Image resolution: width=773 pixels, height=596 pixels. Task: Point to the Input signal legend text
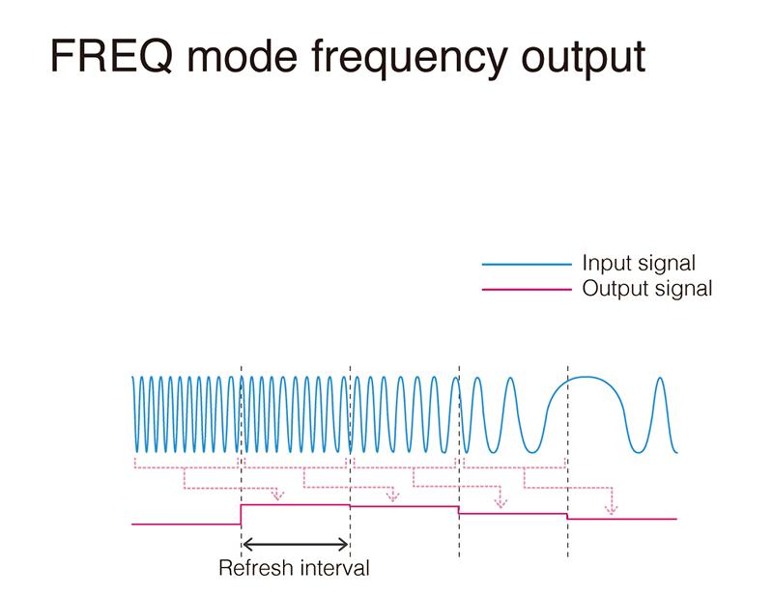click(x=639, y=263)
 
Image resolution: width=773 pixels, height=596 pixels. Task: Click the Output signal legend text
click(x=646, y=288)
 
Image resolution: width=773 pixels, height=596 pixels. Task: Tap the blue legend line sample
click(x=526, y=264)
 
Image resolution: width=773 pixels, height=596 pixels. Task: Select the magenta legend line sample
click(x=526, y=289)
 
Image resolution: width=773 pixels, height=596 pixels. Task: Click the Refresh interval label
click(x=294, y=568)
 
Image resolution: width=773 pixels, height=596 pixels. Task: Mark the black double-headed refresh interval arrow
click(x=295, y=543)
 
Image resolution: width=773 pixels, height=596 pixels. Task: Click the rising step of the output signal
click(x=241, y=514)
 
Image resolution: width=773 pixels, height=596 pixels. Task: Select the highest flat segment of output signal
click(x=295, y=504)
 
